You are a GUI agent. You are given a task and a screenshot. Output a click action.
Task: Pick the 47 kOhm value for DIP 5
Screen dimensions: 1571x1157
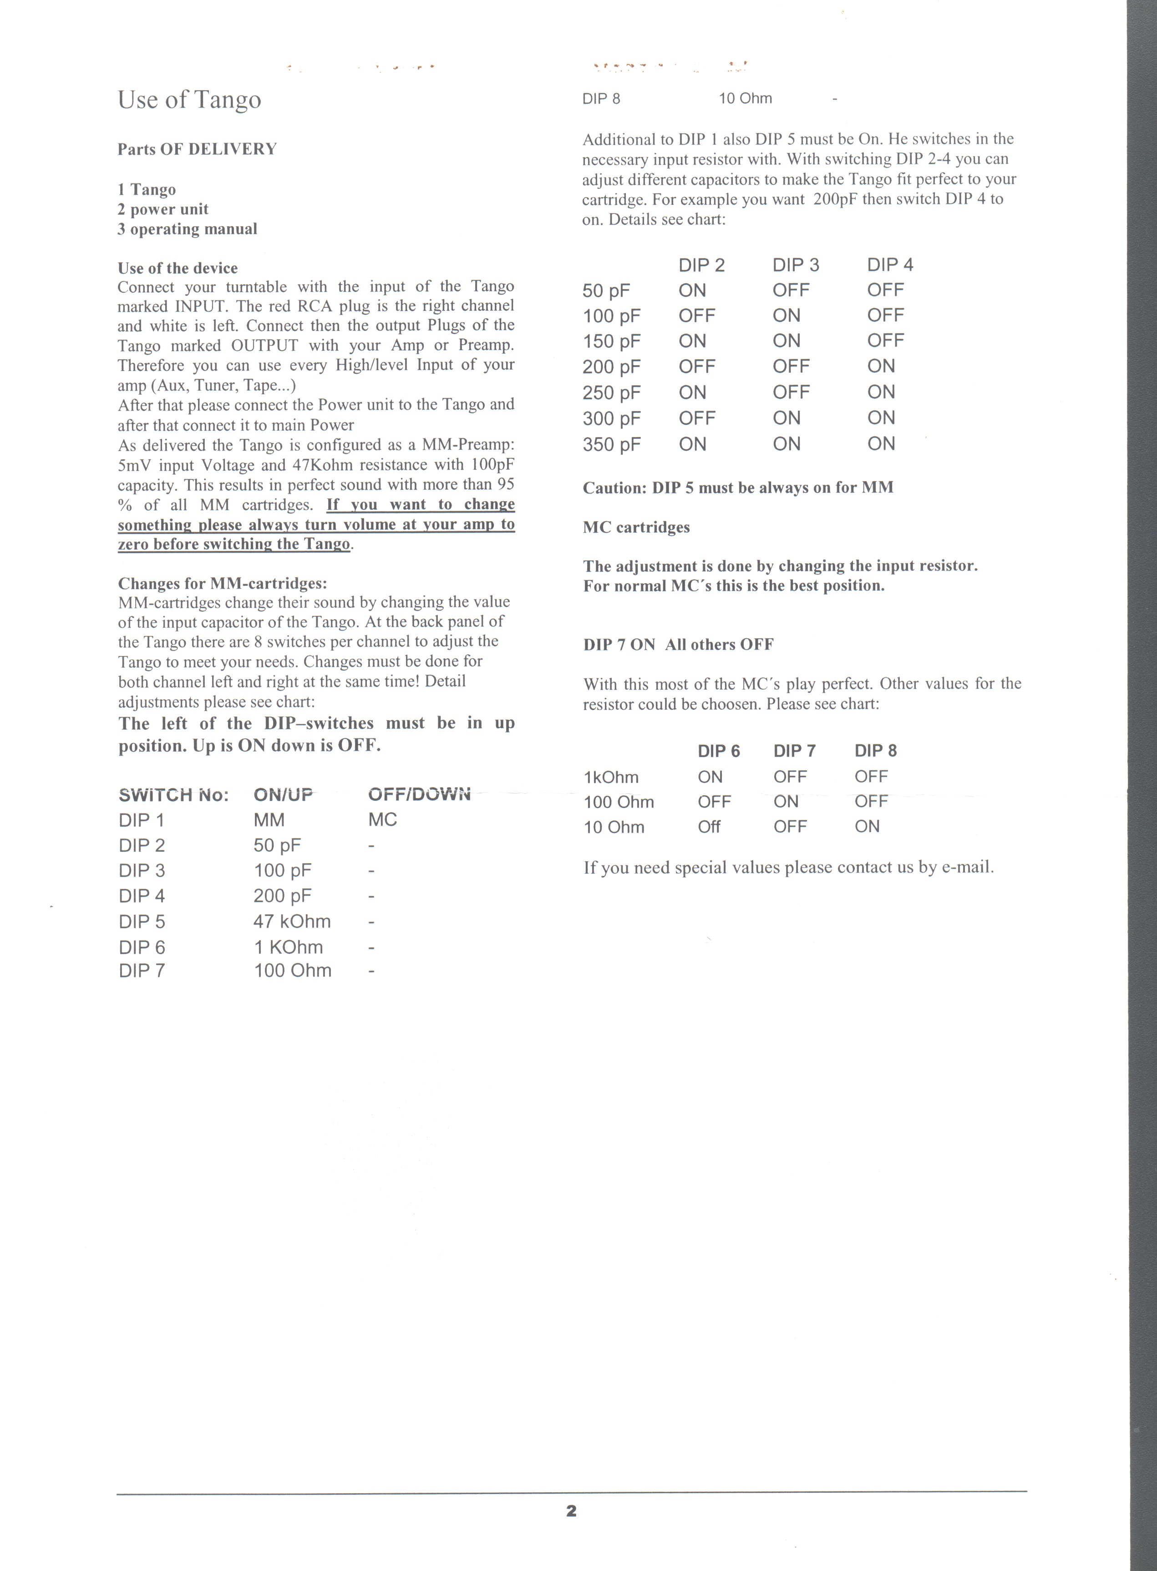click(292, 922)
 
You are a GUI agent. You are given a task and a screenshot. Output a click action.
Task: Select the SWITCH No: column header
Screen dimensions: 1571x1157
click(174, 795)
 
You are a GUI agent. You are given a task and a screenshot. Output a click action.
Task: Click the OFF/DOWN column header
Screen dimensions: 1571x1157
click(419, 794)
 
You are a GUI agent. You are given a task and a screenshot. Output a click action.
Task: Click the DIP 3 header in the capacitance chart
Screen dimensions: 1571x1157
click(796, 265)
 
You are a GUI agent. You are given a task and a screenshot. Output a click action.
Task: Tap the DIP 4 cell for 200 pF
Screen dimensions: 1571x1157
click(881, 366)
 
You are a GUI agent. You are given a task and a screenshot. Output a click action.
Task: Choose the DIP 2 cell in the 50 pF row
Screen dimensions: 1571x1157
click(692, 290)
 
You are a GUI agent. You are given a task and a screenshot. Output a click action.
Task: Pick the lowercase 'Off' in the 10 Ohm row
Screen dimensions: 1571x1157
click(709, 827)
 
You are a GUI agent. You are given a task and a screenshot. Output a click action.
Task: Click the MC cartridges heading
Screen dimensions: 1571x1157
click(636, 528)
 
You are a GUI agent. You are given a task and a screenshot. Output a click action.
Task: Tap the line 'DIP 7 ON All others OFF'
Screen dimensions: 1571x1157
click(678, 644)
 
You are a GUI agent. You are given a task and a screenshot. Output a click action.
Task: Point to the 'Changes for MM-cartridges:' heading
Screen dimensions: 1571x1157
click(222, 584)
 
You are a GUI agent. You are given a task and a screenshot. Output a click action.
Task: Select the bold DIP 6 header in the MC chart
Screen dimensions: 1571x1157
click(719, 751)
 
